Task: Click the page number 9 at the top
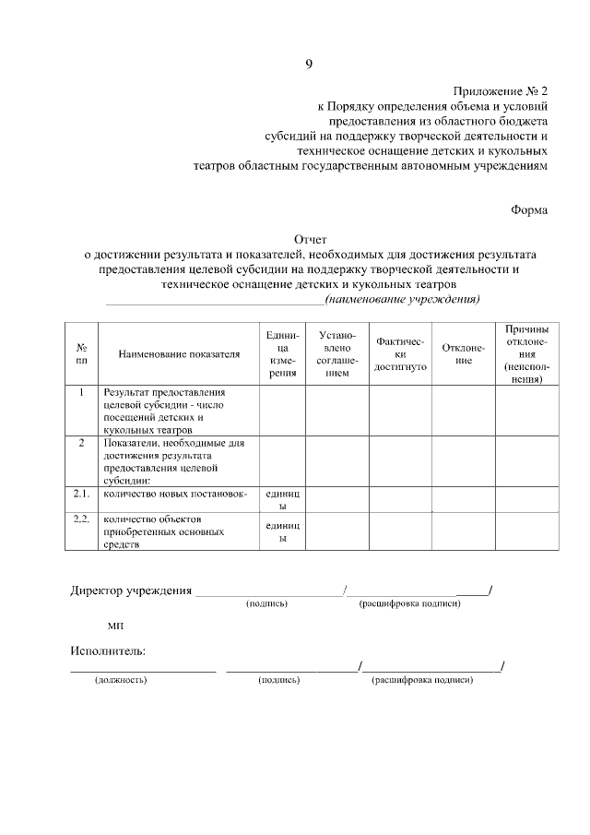click(x=309, y=64)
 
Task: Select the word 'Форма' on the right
click(x=530, y=209)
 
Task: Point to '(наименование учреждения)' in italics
click(x=403, y=299)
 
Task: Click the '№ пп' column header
click(x=81, y=353)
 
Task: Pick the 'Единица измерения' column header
click(x=282, y=354)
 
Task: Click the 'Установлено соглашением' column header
click(x=337, y=354)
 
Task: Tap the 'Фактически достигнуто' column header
click(x=401, y=354)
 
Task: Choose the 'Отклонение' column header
click(x=464, y=354)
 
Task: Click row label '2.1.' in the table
click(x=81, y=494)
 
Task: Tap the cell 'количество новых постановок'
click(x=175, y=494)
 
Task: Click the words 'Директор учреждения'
click(x=131, y=590)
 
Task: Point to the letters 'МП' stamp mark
click(x=114, y=626)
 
